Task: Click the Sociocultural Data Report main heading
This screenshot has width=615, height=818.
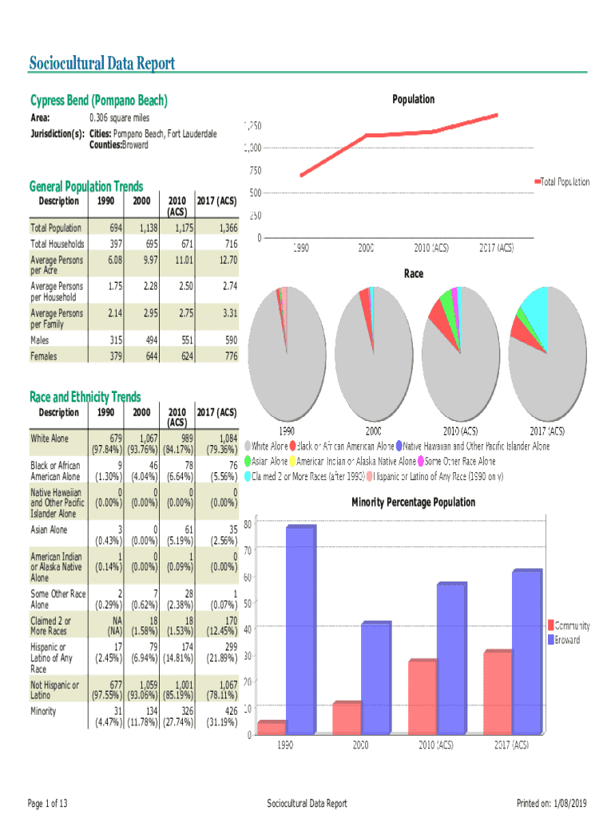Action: pyautogui.click(x=101, y=64)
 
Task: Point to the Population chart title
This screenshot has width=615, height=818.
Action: pyautogui.click(x=413, y=99)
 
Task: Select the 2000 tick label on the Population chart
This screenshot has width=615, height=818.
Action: pyautogui.click(x=367, y=248)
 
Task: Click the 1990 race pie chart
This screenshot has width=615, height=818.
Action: pyautogui.click(x=288, y=350)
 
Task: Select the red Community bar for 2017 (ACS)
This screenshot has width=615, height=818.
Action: pyautogui.click(x=497, y=693)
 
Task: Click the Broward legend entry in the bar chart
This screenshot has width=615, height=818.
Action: pyautogui.click(x=567, y=640)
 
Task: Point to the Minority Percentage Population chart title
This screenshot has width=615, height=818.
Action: pyautogui.click(x=413, y=502)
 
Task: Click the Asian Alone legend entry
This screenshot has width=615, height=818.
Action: pyautogui.click(x=267, y=462)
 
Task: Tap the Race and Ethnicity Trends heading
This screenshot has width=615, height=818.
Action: pyautogui.click(x=85, y=397)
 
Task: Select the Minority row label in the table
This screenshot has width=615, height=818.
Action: pyautogui.click(x=44, y=711)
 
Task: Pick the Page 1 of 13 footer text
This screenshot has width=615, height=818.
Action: pyautogui.click(x=47, y=803)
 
